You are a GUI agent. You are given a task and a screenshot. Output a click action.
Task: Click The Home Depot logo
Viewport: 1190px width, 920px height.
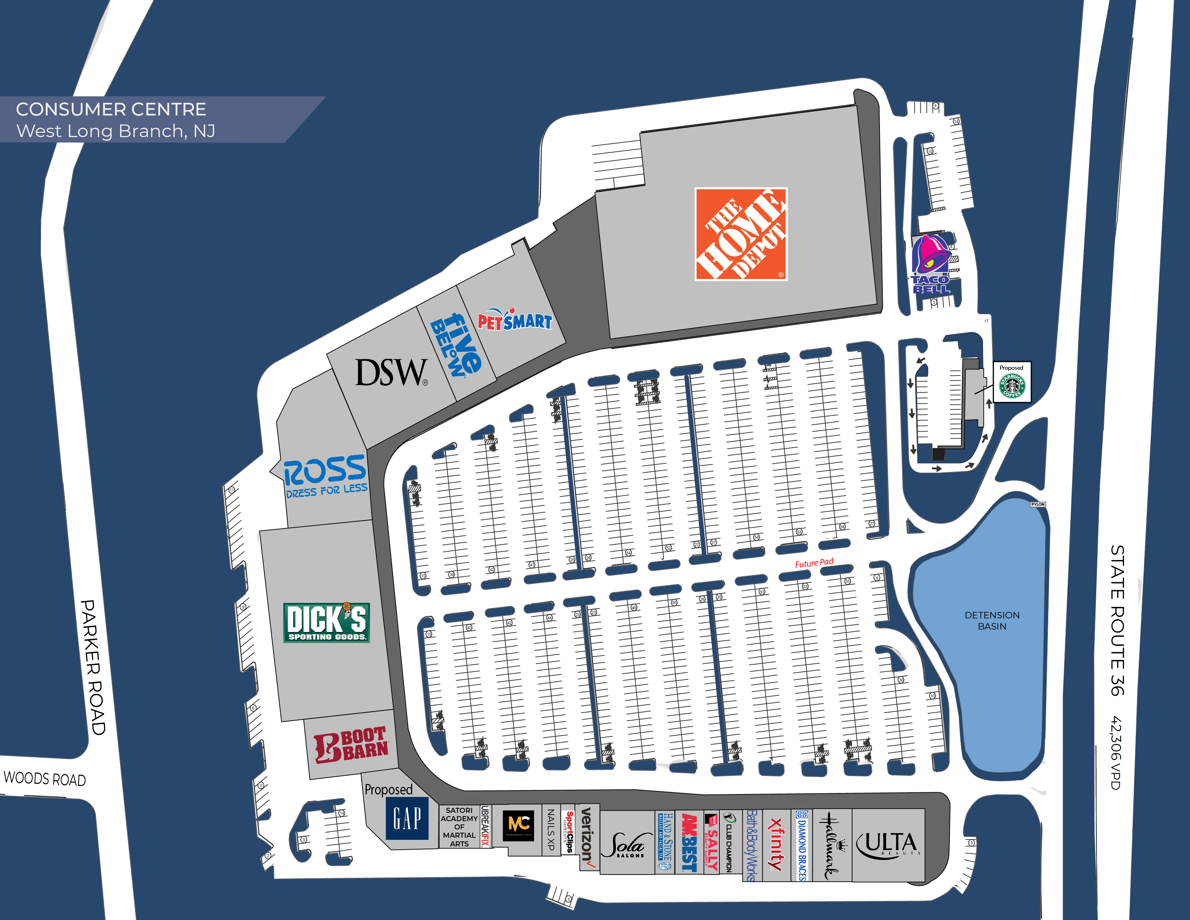tap(741, 235)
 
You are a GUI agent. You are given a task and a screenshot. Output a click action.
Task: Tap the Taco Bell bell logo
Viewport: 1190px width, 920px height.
tap(932, 264)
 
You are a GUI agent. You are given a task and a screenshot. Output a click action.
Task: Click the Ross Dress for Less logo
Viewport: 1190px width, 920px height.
tap(325, 476)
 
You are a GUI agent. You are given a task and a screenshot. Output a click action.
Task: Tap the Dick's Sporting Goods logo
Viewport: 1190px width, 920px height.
tap(326, 622)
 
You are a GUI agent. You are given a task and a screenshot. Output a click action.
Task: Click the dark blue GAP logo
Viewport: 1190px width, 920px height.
tap(407, 818)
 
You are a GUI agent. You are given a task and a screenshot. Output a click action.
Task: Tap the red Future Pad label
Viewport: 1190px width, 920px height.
tap(814, 563)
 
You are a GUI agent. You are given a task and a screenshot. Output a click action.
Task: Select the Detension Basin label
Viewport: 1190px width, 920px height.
tap(992, 620)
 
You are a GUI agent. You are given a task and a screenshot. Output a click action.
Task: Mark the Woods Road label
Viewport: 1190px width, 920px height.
tap(45, 778)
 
